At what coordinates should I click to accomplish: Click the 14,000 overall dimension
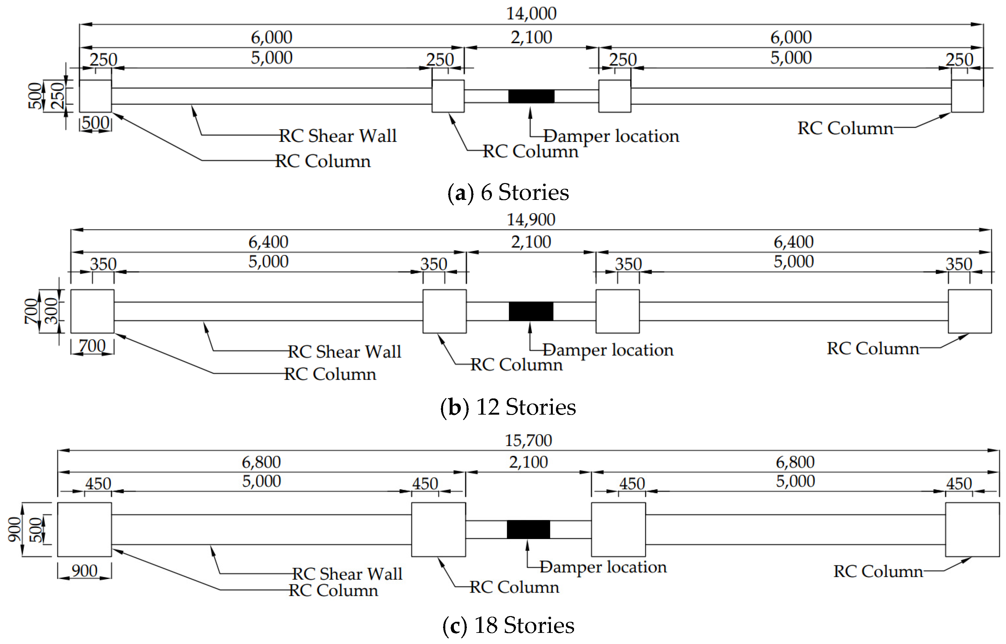[531, 14]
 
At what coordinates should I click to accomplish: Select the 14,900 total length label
[531, 220]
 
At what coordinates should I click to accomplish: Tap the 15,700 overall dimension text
[528, 440]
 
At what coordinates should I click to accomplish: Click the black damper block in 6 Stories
[531, 96]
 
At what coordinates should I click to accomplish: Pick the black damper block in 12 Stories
[531, 311]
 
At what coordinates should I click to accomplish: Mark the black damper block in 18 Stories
[528, 529]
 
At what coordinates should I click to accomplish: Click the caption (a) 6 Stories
[508, 193]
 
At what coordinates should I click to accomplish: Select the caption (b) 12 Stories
[508, 407]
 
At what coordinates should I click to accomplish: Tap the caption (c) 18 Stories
[508, 626]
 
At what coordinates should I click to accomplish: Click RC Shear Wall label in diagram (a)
[337, 136]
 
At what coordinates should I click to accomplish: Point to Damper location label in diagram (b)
[608, 350]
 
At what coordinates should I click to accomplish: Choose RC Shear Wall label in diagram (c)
[347, 574]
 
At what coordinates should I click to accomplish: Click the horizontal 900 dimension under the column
[84, 571]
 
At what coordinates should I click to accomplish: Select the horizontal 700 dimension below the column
[92, 346]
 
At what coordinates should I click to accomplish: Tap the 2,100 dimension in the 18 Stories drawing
[528, 462]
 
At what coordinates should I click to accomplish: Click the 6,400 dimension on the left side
[268, 242]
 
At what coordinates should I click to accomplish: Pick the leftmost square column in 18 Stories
[84, 529]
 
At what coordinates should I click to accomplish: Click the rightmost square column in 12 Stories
[970, 311]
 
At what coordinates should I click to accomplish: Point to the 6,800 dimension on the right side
[795, 462]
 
